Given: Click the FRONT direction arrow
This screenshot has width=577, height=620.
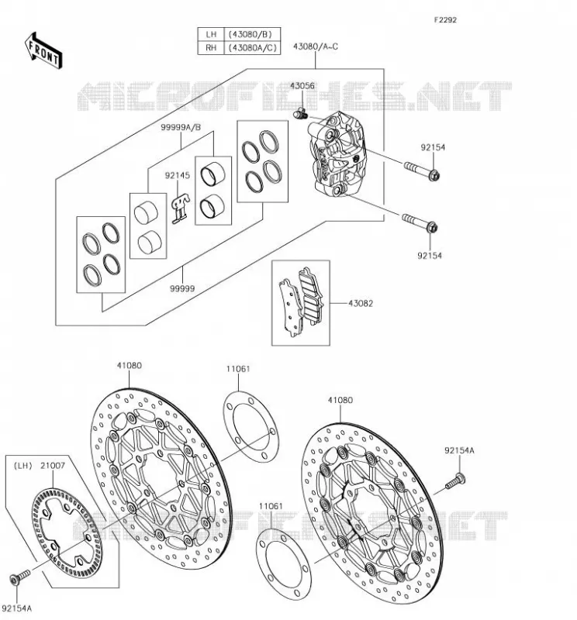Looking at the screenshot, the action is [x=43, y=51].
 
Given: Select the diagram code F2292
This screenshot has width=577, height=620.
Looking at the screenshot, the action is [x=445, y=20].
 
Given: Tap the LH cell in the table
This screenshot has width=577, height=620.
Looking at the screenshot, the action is [x=211, y=34].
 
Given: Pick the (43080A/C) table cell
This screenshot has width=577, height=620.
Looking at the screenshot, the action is [x=252, y=48].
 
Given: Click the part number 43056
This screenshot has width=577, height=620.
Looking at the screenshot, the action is [x=302, y=86].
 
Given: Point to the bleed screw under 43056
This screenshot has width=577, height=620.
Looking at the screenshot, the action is [x=300, y=113].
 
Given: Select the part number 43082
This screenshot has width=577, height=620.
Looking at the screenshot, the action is [x=361, y=303].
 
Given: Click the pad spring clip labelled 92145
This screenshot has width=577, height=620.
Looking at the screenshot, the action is [x=180, y=208].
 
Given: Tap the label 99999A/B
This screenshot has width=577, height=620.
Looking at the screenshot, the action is [x=181, y=127].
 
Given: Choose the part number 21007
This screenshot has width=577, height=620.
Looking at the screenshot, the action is [x=53, y=466].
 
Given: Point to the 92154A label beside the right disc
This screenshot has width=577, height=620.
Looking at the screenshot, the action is [x=459, y=450].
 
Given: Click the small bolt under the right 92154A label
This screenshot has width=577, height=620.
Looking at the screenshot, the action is [x=455, y=480].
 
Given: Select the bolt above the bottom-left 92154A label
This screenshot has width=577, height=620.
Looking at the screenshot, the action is [x=20, y=576].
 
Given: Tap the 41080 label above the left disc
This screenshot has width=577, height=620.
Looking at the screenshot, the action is [x=129, y=365].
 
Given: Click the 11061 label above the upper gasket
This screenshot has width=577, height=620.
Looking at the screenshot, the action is [x=238, y=369].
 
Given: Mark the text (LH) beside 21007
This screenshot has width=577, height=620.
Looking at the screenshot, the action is [x=23, y=466].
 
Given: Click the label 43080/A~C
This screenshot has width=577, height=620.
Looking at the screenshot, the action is [x=316, y=46].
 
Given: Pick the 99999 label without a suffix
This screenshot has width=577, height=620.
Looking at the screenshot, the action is [x=182, y=288].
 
